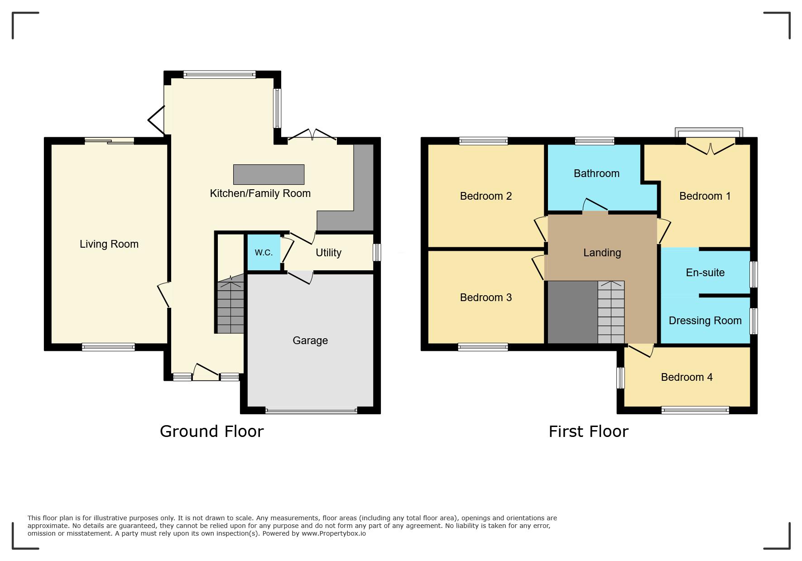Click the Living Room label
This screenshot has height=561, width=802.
[109, 244]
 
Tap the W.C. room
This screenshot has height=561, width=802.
[264, 253]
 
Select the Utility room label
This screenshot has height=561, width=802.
[328, 253]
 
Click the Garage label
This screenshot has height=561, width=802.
[310, 340]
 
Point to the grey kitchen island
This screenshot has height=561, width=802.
[269, 174]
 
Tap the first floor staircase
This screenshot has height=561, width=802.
[611, 312]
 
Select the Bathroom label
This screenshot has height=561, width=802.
[596, 173]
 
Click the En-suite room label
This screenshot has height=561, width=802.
[705, 273]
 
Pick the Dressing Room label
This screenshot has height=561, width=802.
[705, 321]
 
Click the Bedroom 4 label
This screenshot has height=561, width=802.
[687, 377]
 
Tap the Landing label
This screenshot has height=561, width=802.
[602, 253]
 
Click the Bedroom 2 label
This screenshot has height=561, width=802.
[486, 196]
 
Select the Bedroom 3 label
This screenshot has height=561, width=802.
[486, 297]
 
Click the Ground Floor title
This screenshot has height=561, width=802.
[211, 432]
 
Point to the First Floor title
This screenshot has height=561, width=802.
[589, 432]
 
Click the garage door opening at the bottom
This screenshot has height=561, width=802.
[311, 411]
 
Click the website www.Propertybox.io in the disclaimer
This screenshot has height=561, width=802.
[334, 533]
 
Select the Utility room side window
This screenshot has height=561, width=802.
[377, 253]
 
